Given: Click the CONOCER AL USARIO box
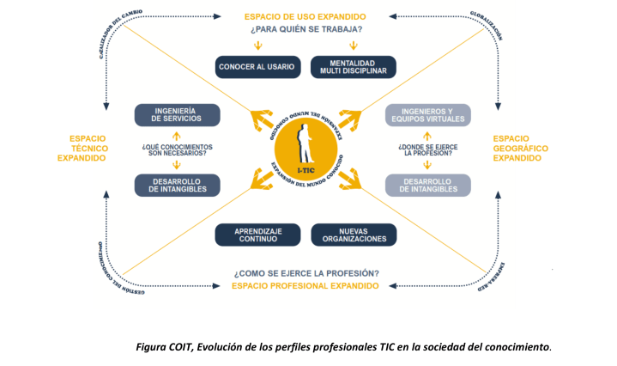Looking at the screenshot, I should (x=257, y=67).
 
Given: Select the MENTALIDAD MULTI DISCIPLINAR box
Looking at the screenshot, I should (x=353, y=67).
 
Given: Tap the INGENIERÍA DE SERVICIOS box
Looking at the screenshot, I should (x=178, y=115).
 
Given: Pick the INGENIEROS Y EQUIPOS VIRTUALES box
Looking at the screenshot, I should (x=427, y=115).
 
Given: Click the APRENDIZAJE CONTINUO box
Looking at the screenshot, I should (x=257, y=234).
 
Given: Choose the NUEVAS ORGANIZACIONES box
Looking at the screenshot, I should (x=353, y=234).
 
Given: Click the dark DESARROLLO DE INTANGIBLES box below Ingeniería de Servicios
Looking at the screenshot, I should (x=178, y=185).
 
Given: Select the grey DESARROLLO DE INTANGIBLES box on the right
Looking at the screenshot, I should (x=427, y=185).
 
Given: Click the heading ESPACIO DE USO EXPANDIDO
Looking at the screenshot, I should (x=305, y=16).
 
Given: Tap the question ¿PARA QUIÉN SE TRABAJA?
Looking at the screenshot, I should (x=305, y=31).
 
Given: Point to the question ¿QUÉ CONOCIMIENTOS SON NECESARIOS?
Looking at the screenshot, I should (x=178, y=150).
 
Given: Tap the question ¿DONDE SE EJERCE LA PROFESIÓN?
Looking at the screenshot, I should (x=427, y=150).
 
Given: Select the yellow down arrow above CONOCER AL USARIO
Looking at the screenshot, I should (x=257, y=46).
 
